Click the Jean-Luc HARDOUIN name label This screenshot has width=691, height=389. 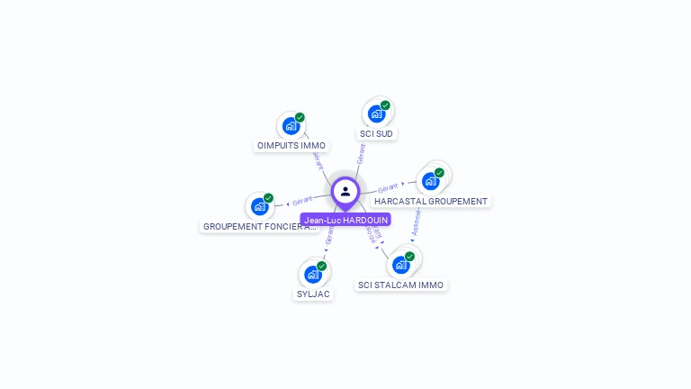pos(345,220)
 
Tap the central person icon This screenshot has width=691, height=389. pos(345,191)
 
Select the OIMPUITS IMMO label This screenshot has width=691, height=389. pos(292,145)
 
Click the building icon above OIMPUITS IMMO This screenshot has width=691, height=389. pos(290,126)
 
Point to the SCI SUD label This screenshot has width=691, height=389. pos(376,133)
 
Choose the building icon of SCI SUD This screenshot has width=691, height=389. pos(375,114)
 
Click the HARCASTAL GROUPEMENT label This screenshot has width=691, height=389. pos(431,201)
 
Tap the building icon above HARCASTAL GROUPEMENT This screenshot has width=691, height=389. pos(430,181)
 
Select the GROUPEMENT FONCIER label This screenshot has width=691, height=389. pos(259,226)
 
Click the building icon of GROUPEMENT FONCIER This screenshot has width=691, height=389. pos(259,207)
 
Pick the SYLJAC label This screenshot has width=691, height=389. pos(313,294)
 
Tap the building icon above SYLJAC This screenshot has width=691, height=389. pos(312,275)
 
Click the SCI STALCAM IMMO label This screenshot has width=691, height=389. pos(400,285)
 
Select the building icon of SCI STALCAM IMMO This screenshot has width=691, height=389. pos(400,265)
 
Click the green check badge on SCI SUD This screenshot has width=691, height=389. pos(385,105)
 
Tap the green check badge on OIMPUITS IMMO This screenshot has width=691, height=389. pos(300,117)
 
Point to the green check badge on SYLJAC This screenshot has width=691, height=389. pos(321,266)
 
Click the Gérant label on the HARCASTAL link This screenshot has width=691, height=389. pos(388,188)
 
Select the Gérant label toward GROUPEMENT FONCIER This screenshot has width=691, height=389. pos(302,200)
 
